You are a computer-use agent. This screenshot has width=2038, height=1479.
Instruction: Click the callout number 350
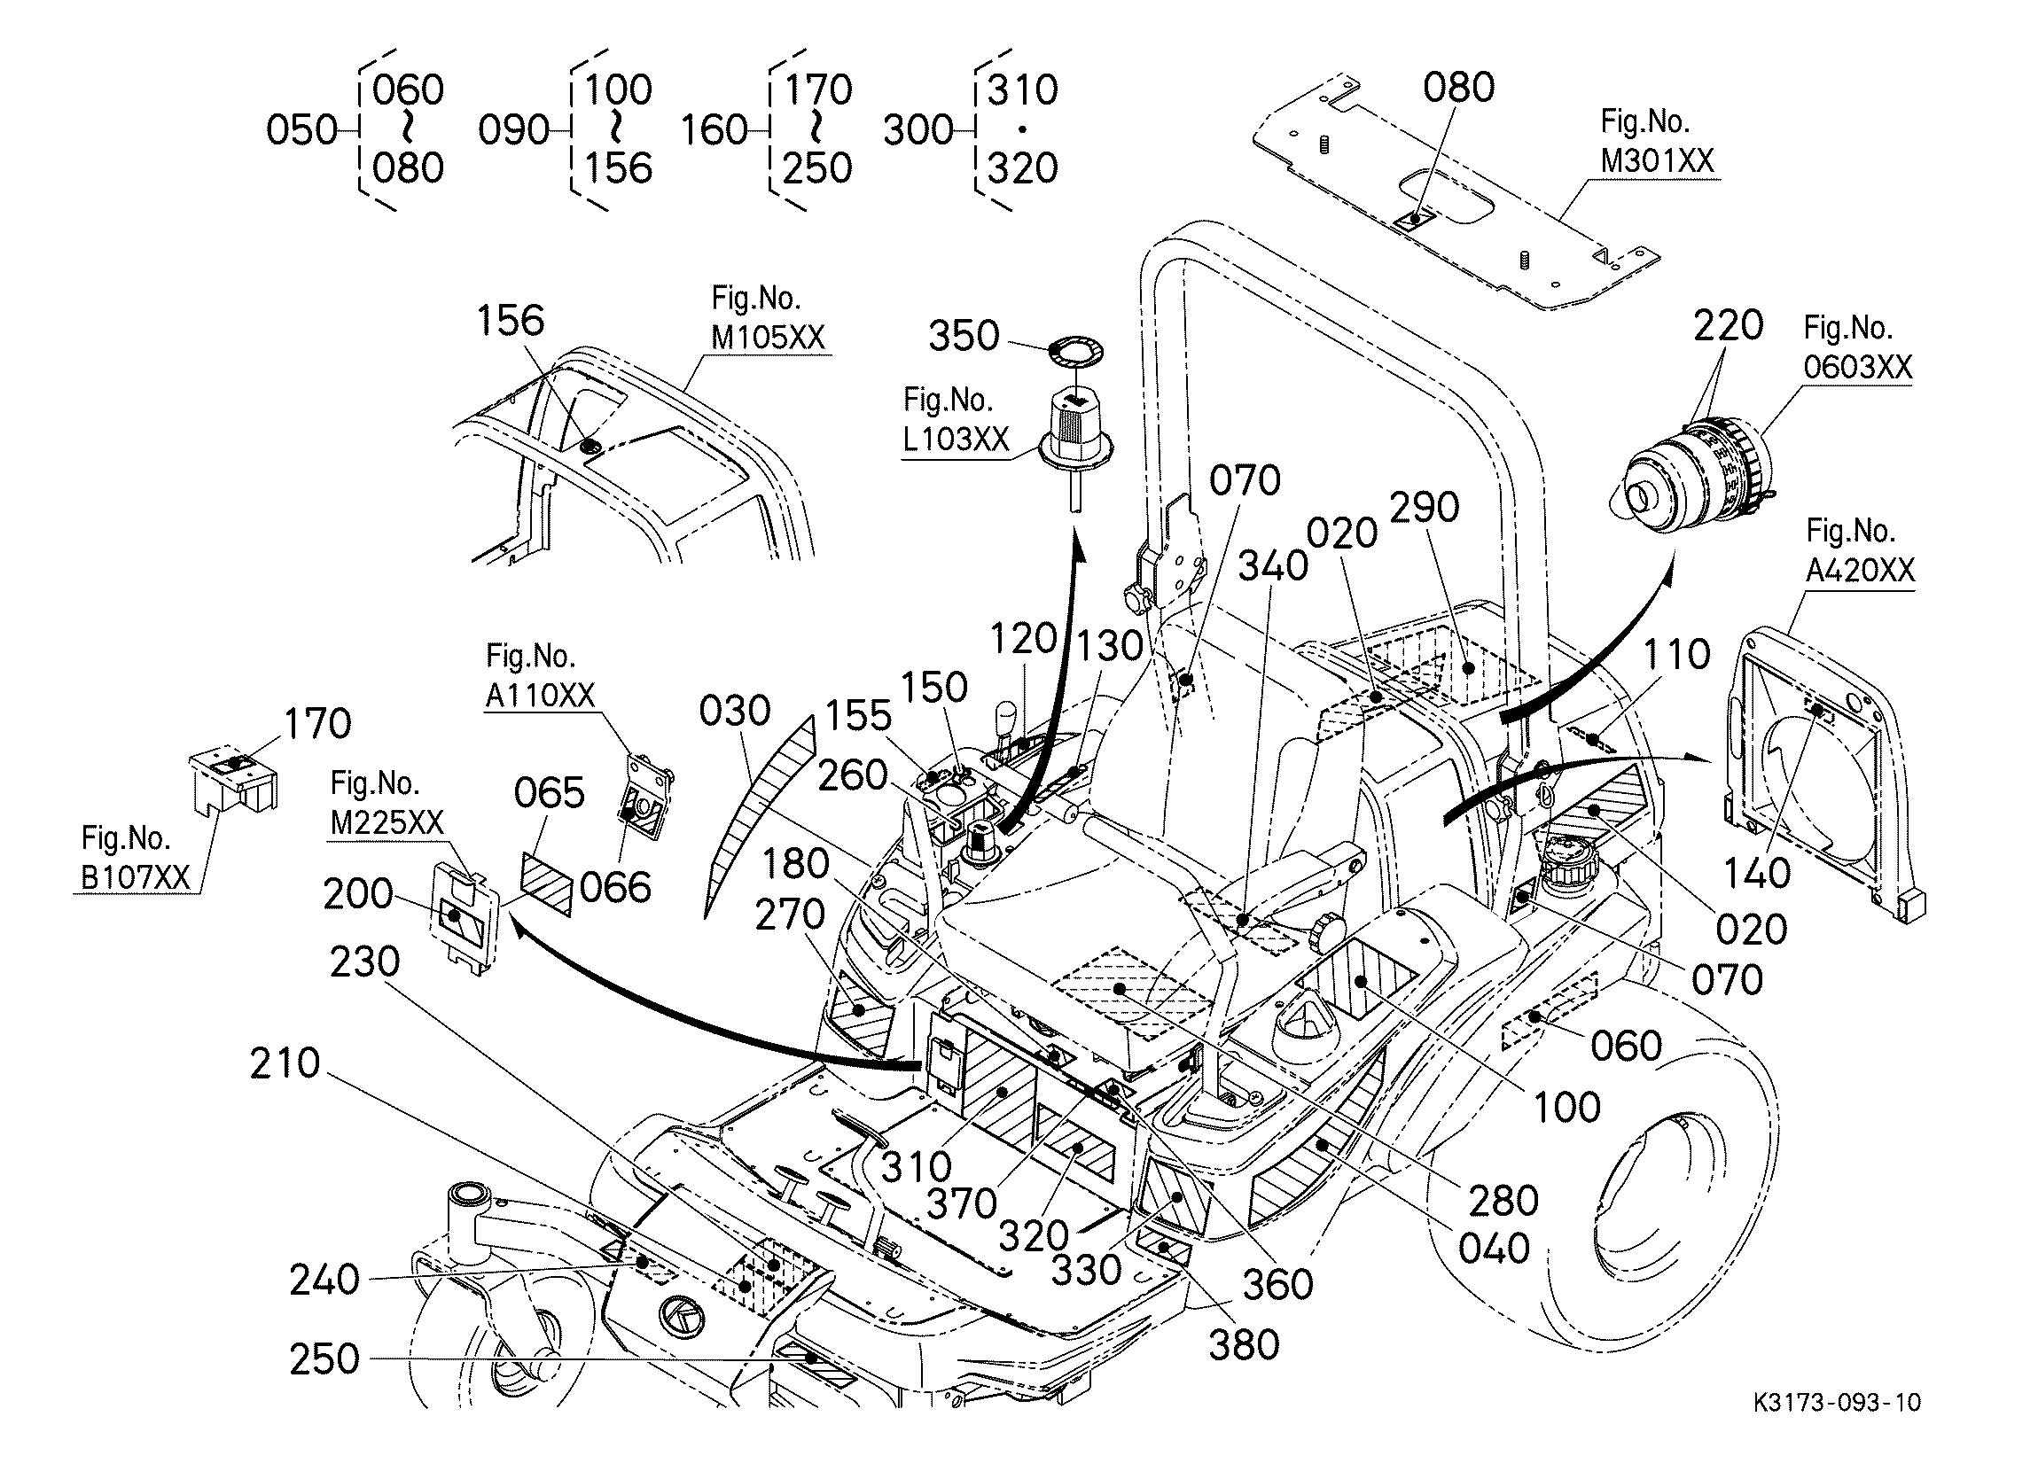click(x=964, y=336)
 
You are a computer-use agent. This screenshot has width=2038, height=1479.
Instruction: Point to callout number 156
click(x=511, y=321)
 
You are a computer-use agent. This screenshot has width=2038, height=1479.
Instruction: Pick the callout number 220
click(x=1728, y=325)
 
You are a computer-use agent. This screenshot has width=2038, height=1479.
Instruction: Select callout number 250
click(x=324, y=1359)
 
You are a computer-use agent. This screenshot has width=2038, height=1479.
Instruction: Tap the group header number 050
click(x=302, y=130)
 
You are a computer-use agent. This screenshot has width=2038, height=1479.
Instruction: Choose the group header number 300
click(x=917, y=130)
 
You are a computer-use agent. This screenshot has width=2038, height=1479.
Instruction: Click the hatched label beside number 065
click(x=546, y=884)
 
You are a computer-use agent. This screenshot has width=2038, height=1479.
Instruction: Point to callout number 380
click(x=1244, y=1345)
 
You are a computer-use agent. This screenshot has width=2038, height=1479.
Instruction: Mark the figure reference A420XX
click(x=1860, y=570)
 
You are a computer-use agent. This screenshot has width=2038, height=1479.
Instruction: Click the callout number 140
click(x=1757, y=873)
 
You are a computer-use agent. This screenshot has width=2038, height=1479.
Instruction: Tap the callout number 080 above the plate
click(x=1458, y=87)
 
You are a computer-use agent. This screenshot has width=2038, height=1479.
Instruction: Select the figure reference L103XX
click(x=957, y=439)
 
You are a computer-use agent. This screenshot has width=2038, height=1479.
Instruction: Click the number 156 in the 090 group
click(x=618, y=168)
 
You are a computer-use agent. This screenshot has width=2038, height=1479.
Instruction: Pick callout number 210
click(x=285, y=1064)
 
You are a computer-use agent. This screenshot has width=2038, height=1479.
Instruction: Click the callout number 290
click(x=1425, y=508)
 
